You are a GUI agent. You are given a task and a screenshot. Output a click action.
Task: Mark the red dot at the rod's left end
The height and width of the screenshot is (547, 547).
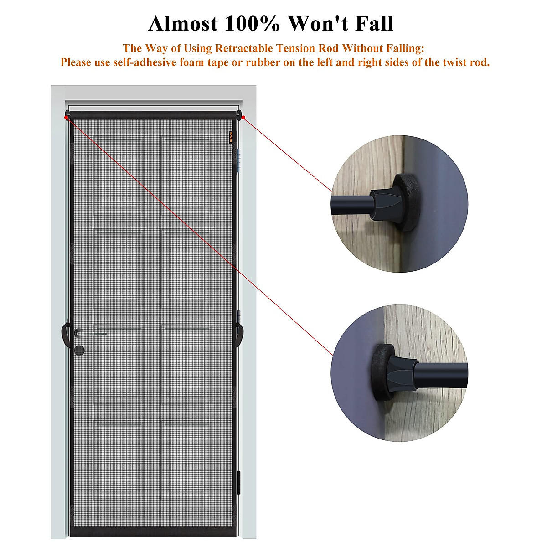(x=67, y=118)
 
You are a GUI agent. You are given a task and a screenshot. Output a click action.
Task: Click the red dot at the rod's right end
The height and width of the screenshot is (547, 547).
(x=243, y=118)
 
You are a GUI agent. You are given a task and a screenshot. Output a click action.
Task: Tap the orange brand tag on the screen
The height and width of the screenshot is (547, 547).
(x=231, y=137)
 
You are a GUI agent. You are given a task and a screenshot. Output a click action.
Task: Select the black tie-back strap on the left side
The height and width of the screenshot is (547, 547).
(x=65, y=335)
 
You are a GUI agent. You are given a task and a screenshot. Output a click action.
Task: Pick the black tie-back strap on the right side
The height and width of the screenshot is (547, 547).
(x=238, y=335)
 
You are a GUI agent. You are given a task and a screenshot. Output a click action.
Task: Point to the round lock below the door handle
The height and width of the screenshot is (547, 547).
(x=79, y=350)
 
